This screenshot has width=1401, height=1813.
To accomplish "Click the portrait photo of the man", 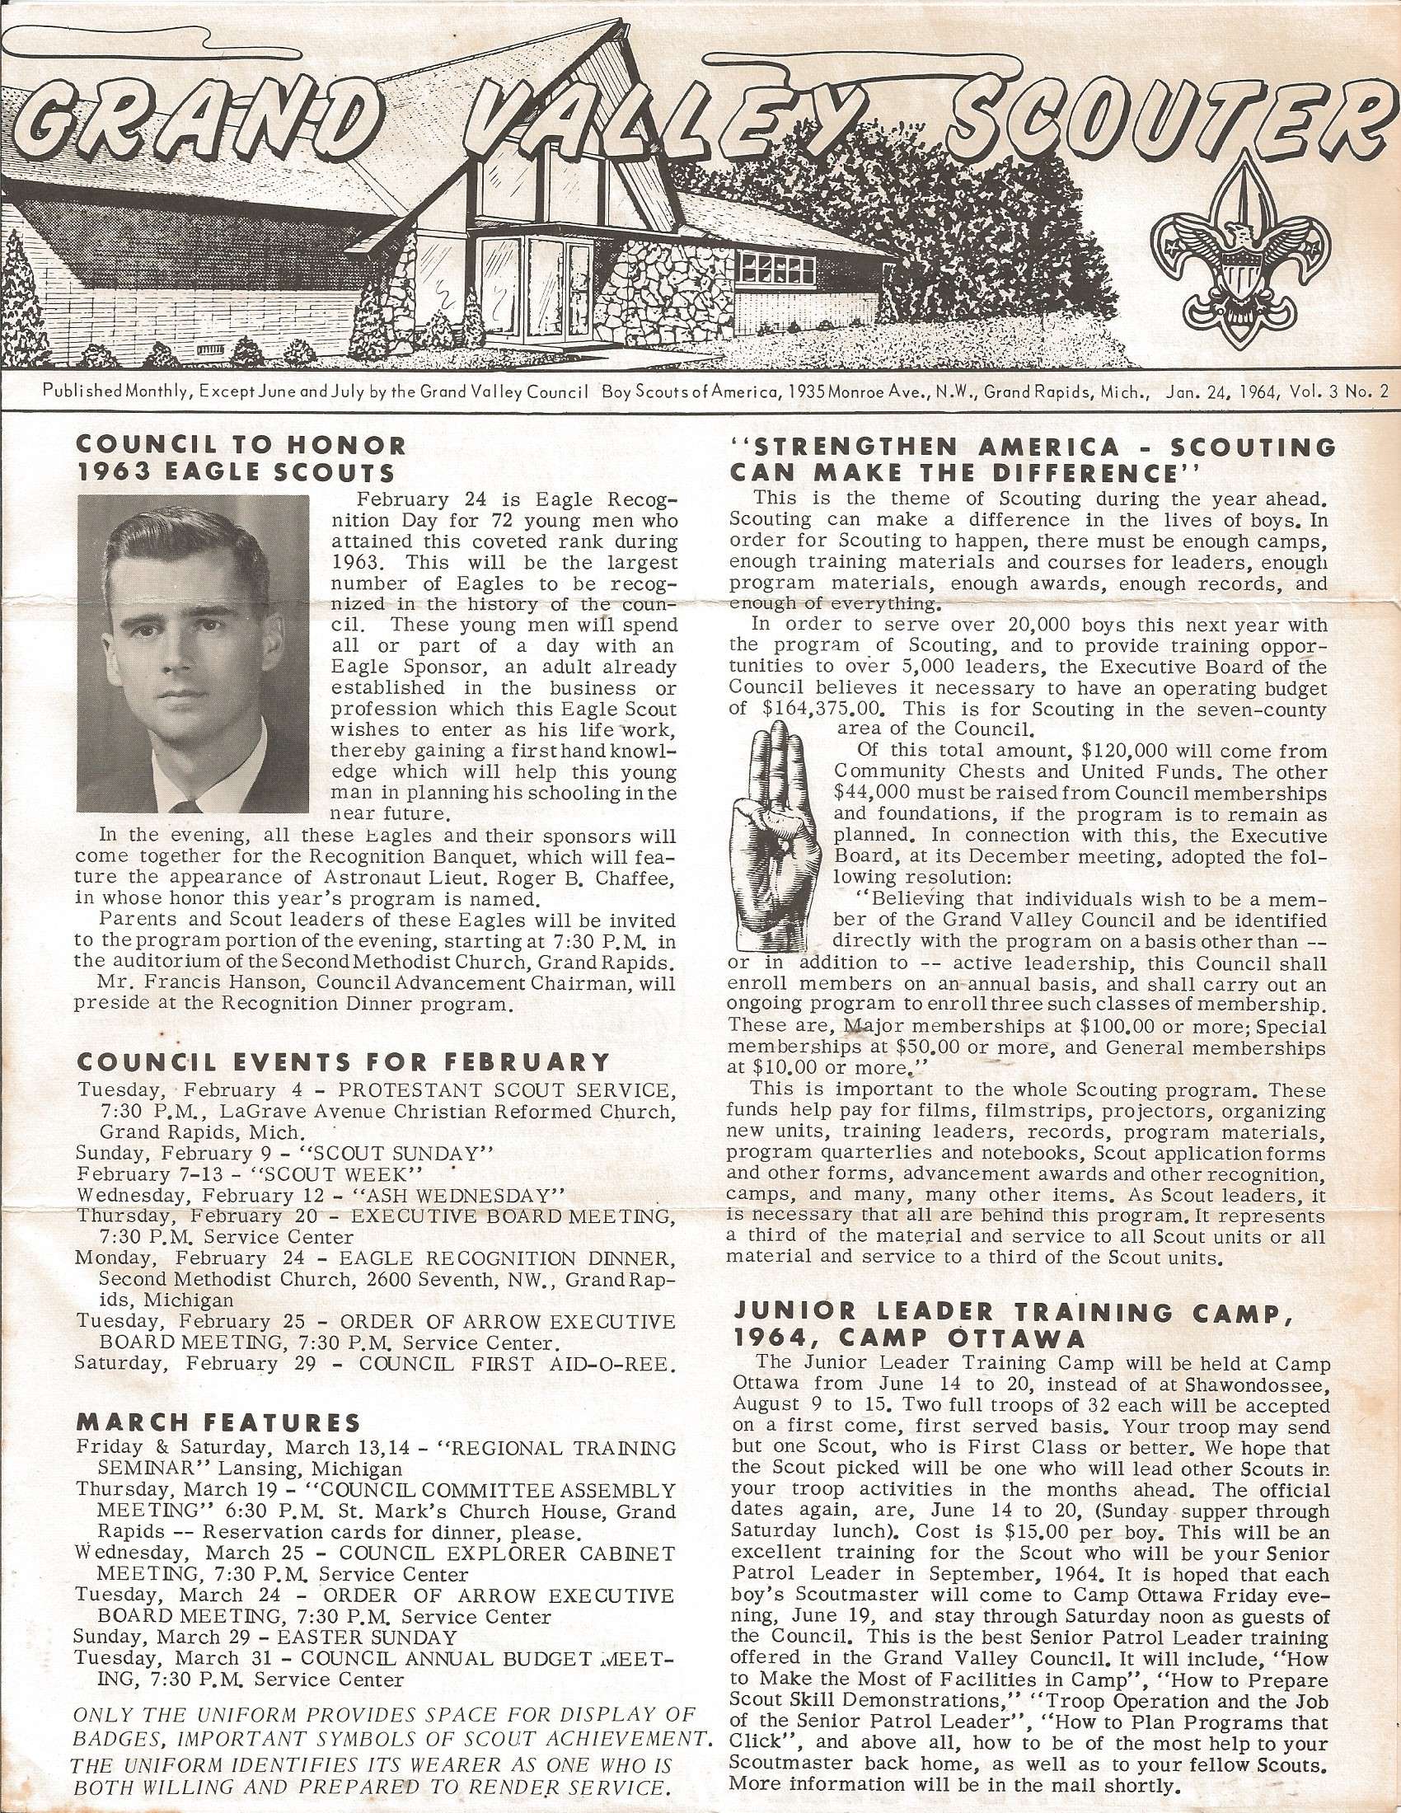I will (x=193, y=653).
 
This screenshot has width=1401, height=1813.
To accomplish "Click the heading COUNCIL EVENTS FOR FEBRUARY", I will (x=343, y=1062).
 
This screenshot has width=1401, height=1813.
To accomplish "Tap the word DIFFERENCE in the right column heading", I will (x=1075, y=473).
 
